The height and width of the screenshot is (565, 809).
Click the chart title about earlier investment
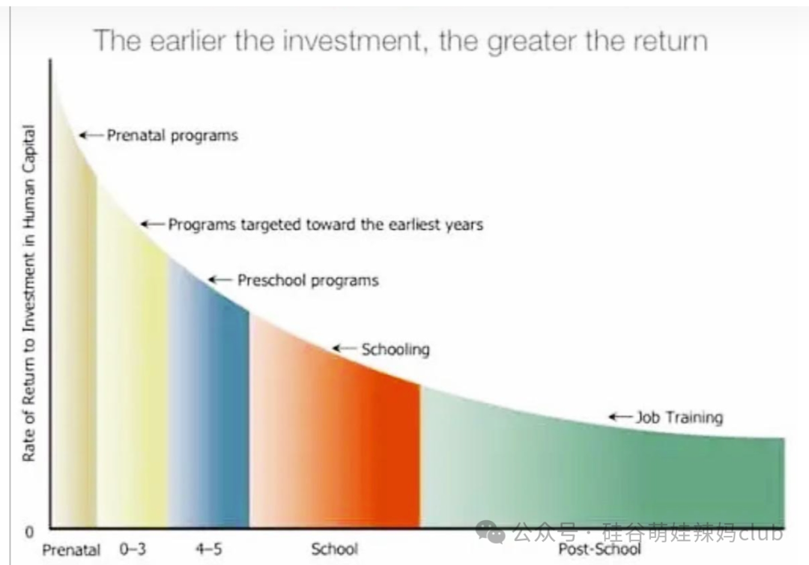coord(400,41)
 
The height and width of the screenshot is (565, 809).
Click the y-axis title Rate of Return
coord(29,293)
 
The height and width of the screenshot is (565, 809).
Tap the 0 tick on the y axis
coord(29,531)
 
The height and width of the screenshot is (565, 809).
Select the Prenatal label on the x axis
coord(71,550)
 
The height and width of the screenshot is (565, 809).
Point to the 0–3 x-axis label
coord(133,549)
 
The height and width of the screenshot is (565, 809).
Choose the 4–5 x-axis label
coord(209,549)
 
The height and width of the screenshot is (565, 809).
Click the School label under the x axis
coord(334,549)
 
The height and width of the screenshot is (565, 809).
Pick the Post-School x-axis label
coord(599,549)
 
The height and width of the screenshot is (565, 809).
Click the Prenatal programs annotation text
coord(172,136)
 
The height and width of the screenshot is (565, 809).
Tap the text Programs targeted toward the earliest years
coord(326,225)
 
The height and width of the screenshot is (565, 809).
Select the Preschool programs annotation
coord(308,281)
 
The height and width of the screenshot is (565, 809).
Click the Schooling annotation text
coord(396,350)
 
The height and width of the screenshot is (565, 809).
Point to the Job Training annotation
coord(679,417)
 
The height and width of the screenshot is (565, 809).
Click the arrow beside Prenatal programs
coord(91,135)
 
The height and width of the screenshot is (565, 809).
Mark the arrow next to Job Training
coord(621,417)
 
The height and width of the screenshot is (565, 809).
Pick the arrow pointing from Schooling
coord(345,349)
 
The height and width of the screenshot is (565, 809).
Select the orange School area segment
coord(336,439)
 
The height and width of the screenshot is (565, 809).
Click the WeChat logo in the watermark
coord(490,532)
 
